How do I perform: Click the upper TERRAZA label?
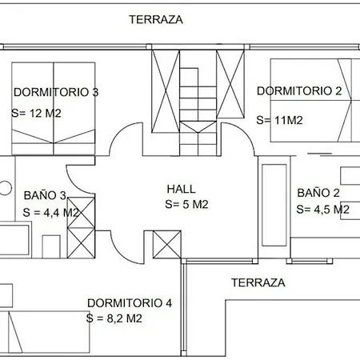(156, 20)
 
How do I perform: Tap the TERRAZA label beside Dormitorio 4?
(258, 282)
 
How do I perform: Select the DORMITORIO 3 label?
(56, 92)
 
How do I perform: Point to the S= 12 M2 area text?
(36, 114)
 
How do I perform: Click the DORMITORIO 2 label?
(299, 91)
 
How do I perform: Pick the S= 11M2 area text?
(279, 120)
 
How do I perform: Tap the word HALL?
(182, 189)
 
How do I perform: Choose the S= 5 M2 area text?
(186, 205)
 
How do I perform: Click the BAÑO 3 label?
(45, 195)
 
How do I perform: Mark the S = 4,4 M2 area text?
(50, 213)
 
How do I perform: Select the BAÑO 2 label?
(318, 193)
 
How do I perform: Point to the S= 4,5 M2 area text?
(322, 210)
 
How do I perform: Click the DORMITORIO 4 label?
(130, 303)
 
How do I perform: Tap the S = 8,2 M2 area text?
(114, 318)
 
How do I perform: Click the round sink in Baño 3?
(5, 188)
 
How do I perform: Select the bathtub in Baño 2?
(274, 205)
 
